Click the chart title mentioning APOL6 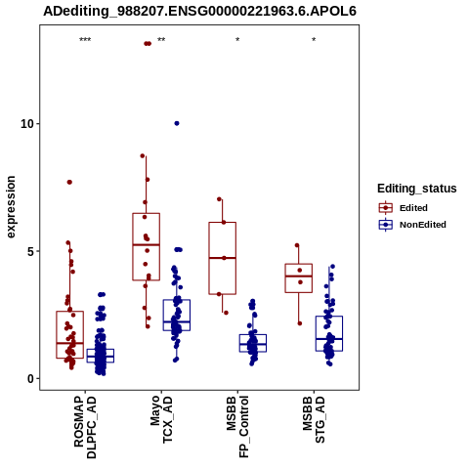click(199, 11)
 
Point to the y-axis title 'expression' click(11, 207)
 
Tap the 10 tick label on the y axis click(27, 124)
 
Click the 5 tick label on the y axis click(31, 251)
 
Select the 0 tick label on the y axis click(31, 379)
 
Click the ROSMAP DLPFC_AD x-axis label click(85, 427)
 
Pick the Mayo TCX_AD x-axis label click(161, 419)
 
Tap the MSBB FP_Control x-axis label click(237, 427)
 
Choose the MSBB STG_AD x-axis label click(314, 419)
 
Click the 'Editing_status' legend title click(417, 189)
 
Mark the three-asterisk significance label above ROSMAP click(85, 40)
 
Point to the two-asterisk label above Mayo click(161, 40)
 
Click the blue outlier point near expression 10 click(177, 123)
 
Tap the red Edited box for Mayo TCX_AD click(147, 214)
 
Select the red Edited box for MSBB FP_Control click(223, 223)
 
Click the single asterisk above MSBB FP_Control click(237, 40)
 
